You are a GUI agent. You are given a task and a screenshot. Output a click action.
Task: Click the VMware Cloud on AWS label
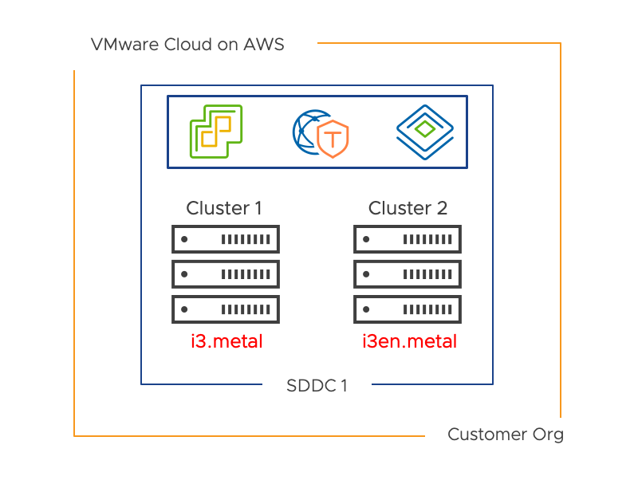tap(187, 45)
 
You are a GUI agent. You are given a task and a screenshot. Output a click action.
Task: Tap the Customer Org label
tap(505, 435)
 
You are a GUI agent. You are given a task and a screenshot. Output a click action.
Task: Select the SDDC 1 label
tap(317, 387)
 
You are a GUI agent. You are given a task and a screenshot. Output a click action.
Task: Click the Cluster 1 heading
tap(224, 209)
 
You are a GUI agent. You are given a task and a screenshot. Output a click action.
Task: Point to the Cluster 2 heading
tap(408, 209)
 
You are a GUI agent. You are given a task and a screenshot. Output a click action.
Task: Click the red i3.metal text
tap(226, 342)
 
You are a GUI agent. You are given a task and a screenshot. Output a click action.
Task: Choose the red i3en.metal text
tap(409, 342)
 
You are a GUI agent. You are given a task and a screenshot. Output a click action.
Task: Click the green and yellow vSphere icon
tap(215, 131)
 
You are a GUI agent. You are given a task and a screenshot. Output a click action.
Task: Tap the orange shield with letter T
tap(332, 139)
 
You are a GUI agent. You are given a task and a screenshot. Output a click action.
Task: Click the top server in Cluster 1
tap(226, 238)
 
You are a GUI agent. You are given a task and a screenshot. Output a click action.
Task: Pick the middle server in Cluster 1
tap(226, 273)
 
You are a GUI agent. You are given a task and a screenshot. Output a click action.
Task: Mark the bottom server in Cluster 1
tap(226, 309)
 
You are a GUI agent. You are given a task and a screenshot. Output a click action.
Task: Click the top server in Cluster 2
tap(408, 238)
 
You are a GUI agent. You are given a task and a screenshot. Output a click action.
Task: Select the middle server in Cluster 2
tap(408, 273)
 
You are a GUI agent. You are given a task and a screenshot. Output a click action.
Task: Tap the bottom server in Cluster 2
tap(408, 309)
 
